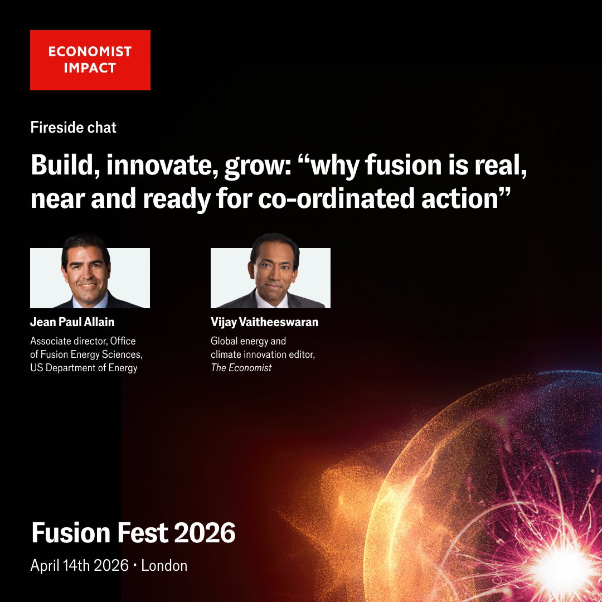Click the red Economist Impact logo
90,60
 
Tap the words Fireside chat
73,128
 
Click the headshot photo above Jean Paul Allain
90,277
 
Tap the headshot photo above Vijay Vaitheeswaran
270,277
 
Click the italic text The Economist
241,368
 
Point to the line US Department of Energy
84,368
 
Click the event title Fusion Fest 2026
133,533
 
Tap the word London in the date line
164,565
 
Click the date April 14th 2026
80,565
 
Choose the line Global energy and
248,340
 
